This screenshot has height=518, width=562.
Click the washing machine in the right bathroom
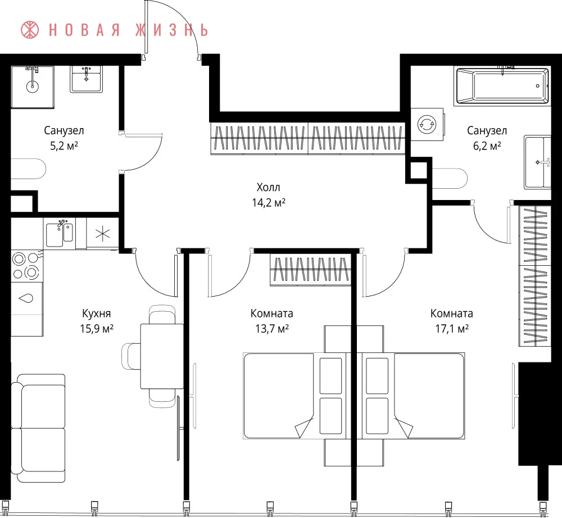coord(427,125)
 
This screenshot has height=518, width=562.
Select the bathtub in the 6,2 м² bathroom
coord(502,85)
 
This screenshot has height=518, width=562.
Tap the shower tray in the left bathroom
coord(32,87)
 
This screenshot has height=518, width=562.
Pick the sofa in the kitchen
coord(38,428)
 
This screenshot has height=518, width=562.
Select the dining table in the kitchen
coord(162,356)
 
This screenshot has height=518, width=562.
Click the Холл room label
coord(269,187)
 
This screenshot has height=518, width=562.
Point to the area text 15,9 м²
coord(97,329)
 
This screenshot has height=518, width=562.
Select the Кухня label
coord(97,313)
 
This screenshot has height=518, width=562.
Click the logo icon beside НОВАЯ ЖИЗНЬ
coord(30,30)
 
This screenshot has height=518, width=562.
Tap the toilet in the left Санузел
coord(29,169)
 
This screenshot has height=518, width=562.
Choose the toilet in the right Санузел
coord(450,178)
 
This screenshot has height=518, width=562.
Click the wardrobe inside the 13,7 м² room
coord(310,270)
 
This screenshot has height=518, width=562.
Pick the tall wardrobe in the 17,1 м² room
coord(535,276)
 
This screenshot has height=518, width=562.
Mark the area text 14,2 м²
coord(269,203)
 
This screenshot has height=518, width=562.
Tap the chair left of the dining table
coord(131,356)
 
